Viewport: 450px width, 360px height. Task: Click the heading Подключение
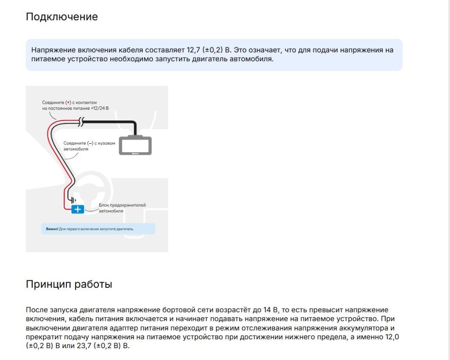62,17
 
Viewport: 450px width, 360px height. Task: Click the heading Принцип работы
69,284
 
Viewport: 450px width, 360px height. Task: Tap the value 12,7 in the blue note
191,50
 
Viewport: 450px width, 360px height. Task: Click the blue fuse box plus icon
77,209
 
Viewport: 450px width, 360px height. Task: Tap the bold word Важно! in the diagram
52,229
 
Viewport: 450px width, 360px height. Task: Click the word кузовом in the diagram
112,143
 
